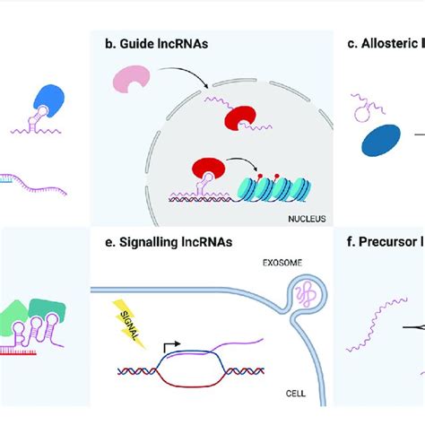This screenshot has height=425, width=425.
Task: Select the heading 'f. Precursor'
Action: (385, 239)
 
